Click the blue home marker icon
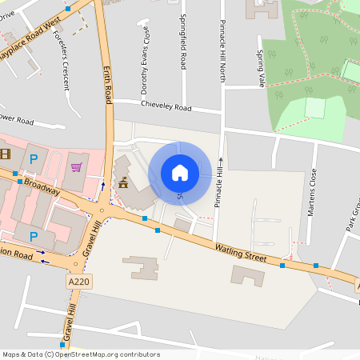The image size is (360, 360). [x=180, y=172]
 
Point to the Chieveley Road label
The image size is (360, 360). [x=166, y=106]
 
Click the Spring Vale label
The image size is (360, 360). [x=260, y=69]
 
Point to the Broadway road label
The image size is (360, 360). [x=42, y=186]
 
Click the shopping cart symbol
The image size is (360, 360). [x=77, y=167]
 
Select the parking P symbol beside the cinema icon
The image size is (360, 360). [x=34, y=160]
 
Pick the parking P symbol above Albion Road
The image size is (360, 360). [x=34, y=236]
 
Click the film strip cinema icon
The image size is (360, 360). [x=6, y=154]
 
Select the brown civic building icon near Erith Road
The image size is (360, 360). [x=123, y=184]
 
